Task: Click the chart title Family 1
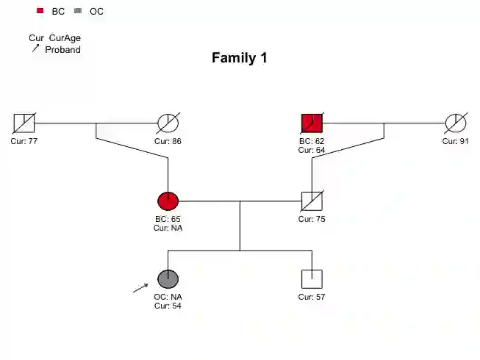click(239, 58)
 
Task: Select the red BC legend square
click(40, 11)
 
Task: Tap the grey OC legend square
click(78, 11)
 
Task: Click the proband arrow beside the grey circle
click(140, 287)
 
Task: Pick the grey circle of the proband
click(168, 279)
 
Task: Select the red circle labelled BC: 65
click(168, 201)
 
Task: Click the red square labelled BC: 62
click(312, 123)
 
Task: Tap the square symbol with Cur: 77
click(24, 123)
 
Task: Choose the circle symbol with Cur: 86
click(168, 123)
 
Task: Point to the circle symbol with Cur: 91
click(456, 123)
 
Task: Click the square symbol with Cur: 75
click(312, 201)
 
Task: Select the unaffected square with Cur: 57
click(312, 279)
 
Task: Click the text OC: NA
click(168, 297)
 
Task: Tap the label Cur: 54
click(168, 306)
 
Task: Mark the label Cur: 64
click(312, 150)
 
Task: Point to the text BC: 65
click(168, 219)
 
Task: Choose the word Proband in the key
click(62, 50)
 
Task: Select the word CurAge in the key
click(65, 38)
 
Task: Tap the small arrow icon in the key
click(35, 48)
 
